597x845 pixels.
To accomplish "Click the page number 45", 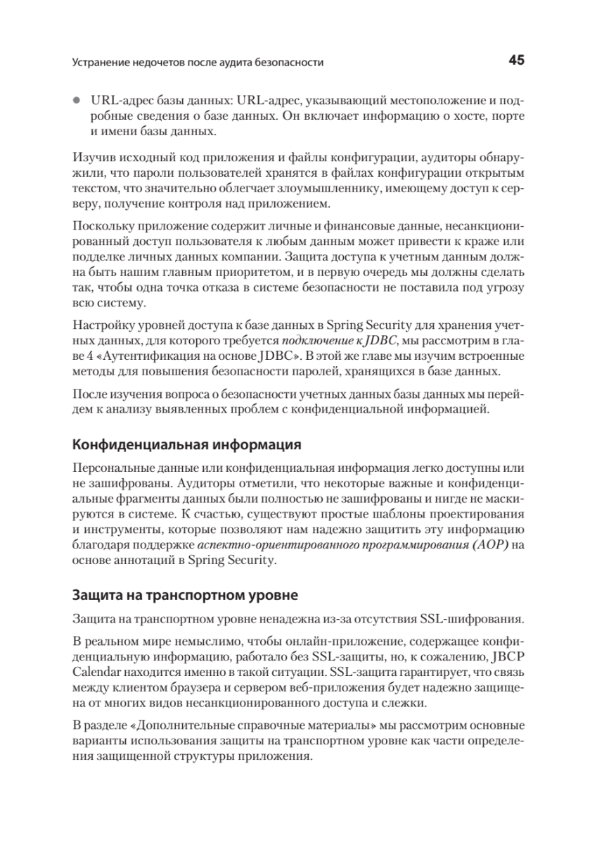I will (516, 61).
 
